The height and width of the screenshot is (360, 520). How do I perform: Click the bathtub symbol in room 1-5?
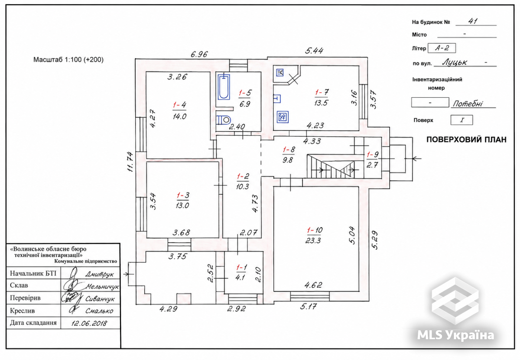224,87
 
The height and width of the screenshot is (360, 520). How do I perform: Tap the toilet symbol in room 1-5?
224,120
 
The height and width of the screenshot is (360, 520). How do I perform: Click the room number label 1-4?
179,105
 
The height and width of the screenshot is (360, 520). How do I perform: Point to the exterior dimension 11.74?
130,162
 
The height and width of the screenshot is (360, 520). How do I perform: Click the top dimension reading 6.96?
199,54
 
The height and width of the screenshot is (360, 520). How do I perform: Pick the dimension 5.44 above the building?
314,51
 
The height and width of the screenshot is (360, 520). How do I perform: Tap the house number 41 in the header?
473,21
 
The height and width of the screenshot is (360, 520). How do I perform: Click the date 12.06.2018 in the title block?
89,323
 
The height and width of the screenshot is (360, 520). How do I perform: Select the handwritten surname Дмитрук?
100,274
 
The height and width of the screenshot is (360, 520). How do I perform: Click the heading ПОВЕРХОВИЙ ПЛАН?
467,140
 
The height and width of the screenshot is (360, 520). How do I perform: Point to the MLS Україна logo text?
455,335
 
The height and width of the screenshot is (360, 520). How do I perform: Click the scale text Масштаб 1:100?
57,60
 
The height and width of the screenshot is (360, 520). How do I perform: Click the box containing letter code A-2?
442,48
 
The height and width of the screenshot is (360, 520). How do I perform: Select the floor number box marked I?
462,120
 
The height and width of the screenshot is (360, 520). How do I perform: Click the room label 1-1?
241,267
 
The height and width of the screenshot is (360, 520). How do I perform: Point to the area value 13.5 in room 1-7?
321,103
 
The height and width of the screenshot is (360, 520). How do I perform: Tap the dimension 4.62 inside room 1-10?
313,285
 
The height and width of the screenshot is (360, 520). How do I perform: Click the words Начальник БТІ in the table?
33,273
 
